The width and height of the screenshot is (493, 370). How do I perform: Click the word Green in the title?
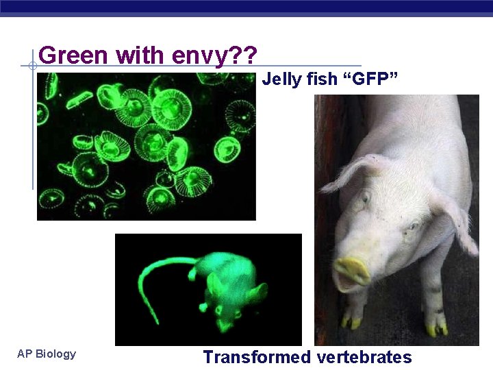click(75, 55)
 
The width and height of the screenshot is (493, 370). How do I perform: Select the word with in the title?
click(140, 55)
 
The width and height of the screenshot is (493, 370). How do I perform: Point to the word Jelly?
click(281, 79)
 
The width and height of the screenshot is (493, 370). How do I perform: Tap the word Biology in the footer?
click(55, 354)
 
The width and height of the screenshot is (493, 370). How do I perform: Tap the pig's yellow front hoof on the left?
click(352, 321)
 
